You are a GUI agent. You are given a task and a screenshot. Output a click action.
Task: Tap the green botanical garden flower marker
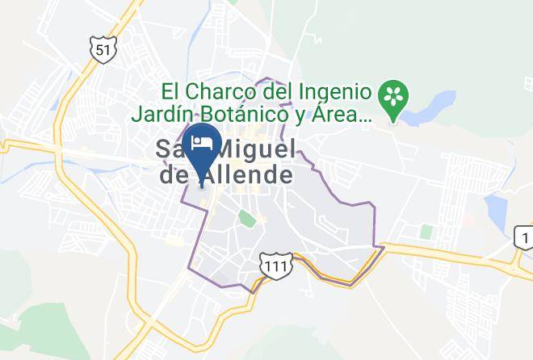pos(394,98)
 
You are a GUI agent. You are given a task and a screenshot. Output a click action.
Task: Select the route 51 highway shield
pos(103,49)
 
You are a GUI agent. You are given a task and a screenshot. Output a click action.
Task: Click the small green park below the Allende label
pos(246,217)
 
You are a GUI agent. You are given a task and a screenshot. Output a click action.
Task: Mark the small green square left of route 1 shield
pos(426,232)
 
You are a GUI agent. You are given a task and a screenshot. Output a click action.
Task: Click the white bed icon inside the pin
pos(199,143)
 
